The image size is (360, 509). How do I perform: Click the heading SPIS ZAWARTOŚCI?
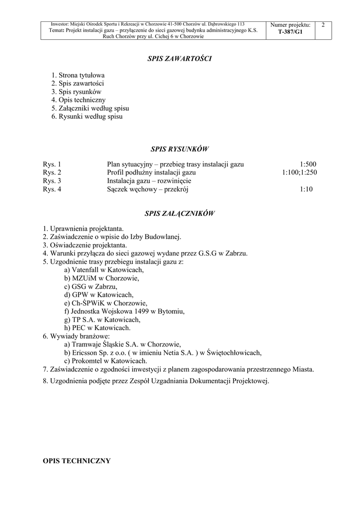tap(180, 59)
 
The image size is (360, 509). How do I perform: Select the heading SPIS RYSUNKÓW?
tap(180, 148)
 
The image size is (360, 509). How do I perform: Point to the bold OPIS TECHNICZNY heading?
tap(77, 461)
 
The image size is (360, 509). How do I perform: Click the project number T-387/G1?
tap(290, 31)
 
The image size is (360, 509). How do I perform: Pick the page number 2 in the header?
tap(323, 25)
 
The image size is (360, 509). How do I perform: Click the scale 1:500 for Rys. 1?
tap(308, 164)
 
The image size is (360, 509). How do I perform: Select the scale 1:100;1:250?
tap(299, 172)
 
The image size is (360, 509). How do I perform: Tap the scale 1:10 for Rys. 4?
tap(306, 189)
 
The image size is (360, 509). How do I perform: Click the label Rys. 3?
tap(52, 181)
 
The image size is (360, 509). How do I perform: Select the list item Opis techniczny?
tap(78, 100)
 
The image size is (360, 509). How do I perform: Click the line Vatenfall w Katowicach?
tap(104, 270)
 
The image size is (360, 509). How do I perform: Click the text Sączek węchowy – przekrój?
tap(148, 189)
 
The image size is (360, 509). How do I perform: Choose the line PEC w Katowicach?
tap(97, 328)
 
